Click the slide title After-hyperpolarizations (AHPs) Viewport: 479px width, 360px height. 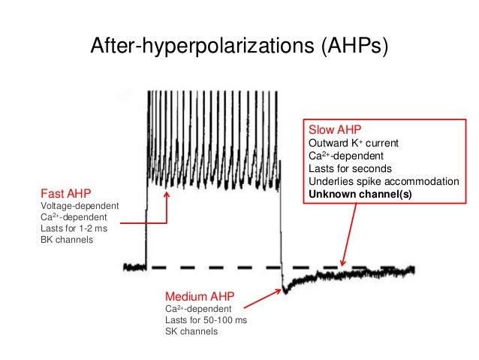coord(239,47)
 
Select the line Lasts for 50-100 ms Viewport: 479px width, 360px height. coord(205,320)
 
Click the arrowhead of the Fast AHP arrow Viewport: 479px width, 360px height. coord(167,192)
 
